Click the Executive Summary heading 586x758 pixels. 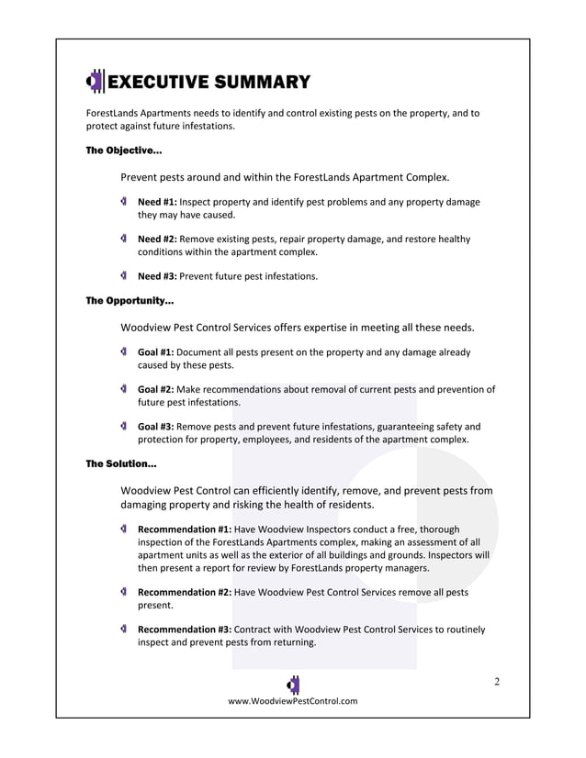tap(209, 83)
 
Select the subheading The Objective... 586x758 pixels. tap(124, 150)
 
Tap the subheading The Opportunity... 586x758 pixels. tap(130, 300)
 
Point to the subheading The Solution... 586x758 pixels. tap(121, 464)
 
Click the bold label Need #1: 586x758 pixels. tap(157, 202)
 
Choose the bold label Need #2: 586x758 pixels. tap(157, 240)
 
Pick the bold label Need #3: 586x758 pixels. tap(157, 276)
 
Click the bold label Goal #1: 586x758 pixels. tap(155, 351)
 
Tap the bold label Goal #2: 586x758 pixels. tap(155, 389)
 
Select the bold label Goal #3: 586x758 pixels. tap(155, 427)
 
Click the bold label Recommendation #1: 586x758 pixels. tap(185, 529)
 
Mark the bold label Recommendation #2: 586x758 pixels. tap(185, 594)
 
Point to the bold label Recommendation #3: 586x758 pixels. tap(185, 630)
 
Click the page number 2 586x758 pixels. tap(497, 681)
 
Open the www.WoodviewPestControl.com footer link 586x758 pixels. tap(293, 701)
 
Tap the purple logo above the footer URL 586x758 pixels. tap(293, 684)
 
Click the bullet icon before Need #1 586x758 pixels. tap(123, 201)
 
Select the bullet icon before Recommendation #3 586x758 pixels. tap(123, 630)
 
